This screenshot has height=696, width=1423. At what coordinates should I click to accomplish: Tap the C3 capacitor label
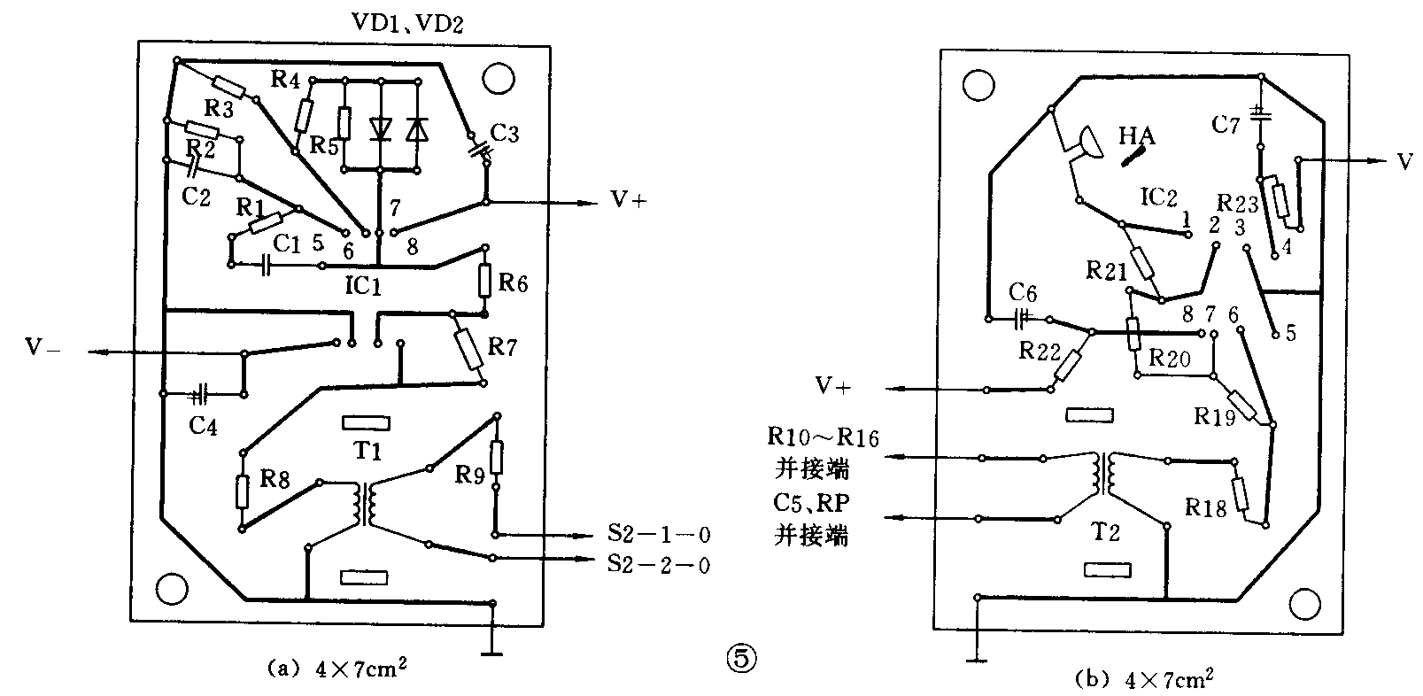click(x=505, y=135)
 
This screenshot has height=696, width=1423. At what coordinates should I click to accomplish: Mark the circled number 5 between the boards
click(x=740, y=658)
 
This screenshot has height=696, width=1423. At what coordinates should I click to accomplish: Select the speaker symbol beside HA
click(x=1086, y=145)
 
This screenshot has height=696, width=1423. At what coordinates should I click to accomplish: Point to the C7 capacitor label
click(x=1227, y=124)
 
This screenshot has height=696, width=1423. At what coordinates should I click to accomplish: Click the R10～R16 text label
click(x=822, y=438)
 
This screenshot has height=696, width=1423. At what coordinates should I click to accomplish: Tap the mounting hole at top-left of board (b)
click(x=979, y=86)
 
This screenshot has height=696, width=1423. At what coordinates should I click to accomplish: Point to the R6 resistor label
click(x=513, y=283)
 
